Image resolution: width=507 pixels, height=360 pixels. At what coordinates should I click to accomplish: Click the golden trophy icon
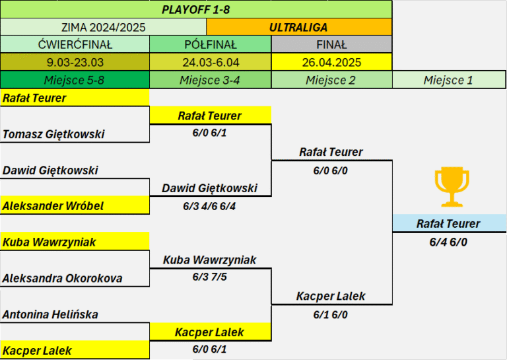coord(452,187)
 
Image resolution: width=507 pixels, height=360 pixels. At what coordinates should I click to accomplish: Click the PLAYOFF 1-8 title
coord(195,10)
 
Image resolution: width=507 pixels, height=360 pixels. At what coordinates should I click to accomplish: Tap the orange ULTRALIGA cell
coord(299,27)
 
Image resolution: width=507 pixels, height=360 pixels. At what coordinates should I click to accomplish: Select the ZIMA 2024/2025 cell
coord(103,27)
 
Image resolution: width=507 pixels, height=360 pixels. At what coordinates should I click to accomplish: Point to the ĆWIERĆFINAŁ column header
coord(75,44)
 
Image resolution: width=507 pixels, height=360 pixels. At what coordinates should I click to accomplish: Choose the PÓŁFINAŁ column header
coord(211,44)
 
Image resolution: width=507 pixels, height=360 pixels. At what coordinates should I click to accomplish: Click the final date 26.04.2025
coord(332,62)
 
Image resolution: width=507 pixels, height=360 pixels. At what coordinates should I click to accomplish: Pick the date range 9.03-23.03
coord(75,62)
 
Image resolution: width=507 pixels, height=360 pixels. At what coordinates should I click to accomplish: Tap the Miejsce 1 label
coord(448,80)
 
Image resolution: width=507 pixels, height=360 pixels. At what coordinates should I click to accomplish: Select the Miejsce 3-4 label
coord(210,80)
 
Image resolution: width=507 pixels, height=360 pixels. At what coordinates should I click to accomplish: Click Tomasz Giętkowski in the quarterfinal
coord(53,134)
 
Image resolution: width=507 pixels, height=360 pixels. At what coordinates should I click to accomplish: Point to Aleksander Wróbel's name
coord(53,205)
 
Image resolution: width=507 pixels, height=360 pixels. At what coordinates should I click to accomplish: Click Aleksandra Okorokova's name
coord(63,278)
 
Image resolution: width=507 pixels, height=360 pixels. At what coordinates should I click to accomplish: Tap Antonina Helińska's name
coord(50,314)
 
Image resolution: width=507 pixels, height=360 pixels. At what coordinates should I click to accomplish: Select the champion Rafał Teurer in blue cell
coord(448,223)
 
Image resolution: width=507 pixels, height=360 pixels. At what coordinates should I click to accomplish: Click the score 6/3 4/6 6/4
coord(209,206)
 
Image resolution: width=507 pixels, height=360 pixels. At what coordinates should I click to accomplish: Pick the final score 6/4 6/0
coord(448,242)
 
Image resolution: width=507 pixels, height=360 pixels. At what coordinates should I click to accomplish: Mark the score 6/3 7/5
coord(210,277)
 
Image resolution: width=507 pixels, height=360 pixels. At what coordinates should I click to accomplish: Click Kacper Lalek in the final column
coord(331,296)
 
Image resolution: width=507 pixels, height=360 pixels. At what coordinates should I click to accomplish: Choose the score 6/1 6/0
coord(331,314)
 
